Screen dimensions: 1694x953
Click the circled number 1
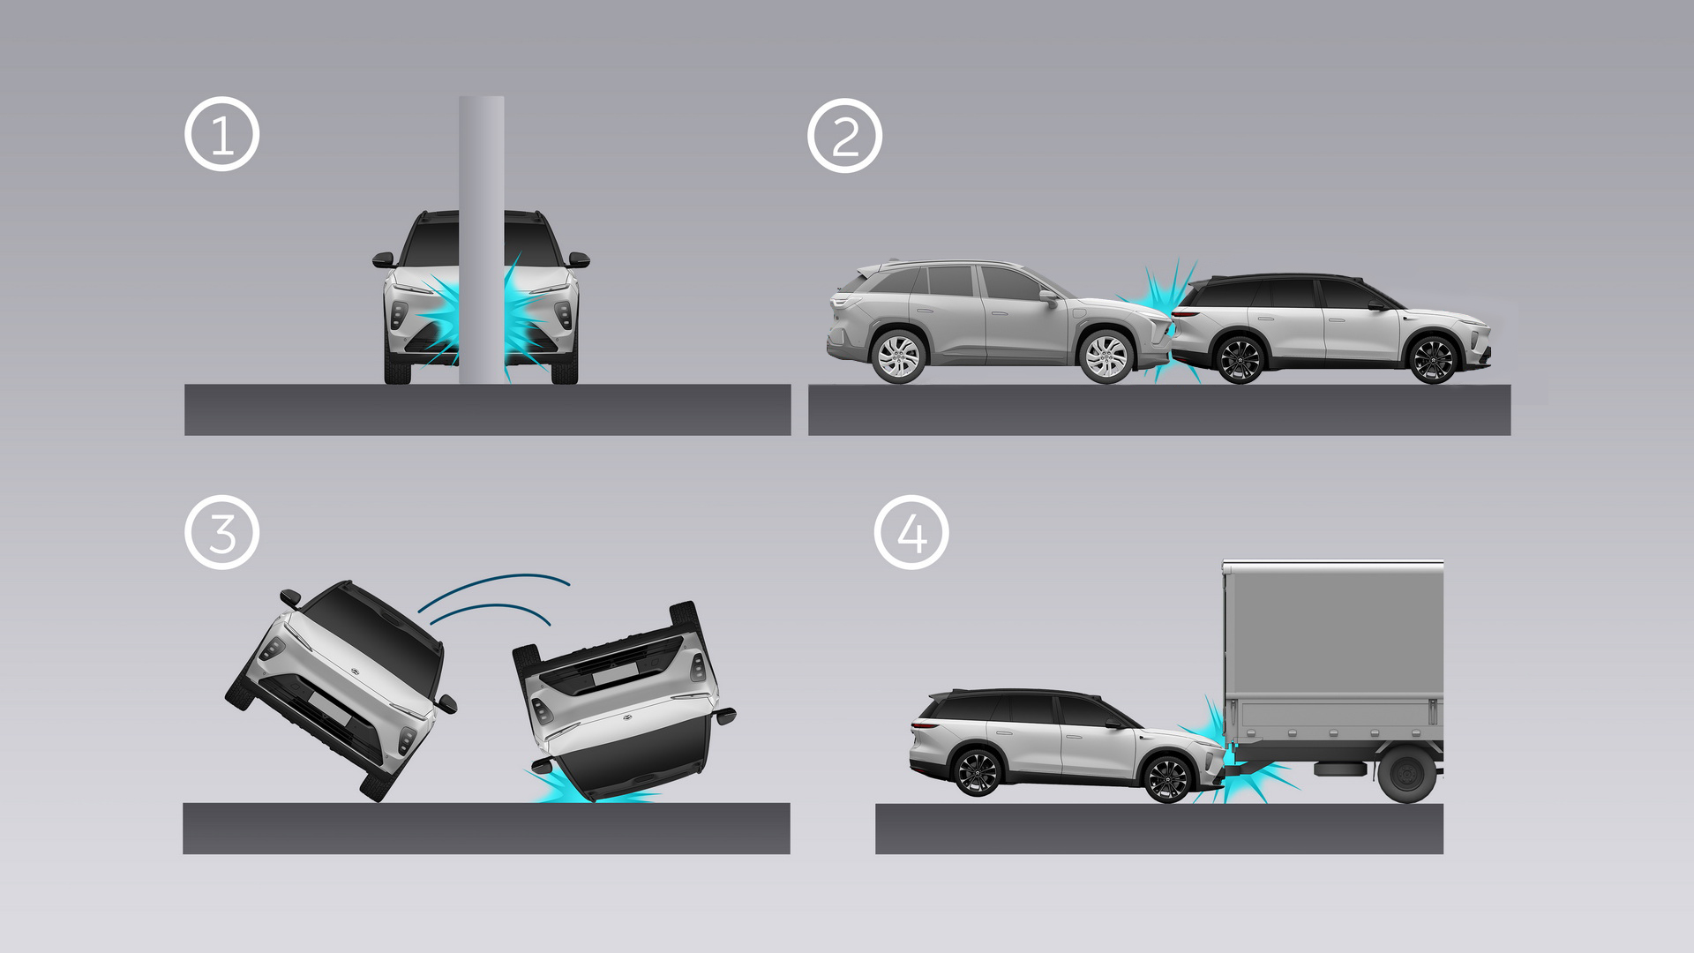(x=221, y=134)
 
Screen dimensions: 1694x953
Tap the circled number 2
(x=844, y=135)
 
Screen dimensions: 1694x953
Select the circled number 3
(x=221, y=532)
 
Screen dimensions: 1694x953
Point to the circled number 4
(x=911, y=532)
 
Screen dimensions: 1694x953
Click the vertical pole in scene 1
(x=482, y=240)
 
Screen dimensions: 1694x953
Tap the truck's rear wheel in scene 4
(x=1407, y=774)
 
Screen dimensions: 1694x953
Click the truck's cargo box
(x=1333, y=653)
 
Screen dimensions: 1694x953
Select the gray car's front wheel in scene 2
(x=1106, y=356)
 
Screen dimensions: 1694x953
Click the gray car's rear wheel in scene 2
(x=898, y=356)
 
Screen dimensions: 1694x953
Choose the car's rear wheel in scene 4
(x=978, y=773)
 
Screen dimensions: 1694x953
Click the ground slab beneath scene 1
(x=487, y=409)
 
